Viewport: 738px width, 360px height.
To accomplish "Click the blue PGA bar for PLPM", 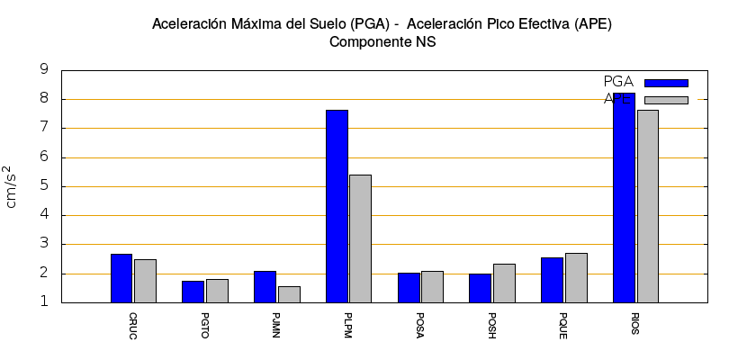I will click(337, 206).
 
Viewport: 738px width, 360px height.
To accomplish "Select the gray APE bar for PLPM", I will click(360, 238).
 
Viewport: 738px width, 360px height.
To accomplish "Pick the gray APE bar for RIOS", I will click(647, 206).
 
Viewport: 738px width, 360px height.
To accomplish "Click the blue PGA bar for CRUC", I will click(121, 278).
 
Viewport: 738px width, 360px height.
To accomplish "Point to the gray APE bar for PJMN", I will click(289, 294).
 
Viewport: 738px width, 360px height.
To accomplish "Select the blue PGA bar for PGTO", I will click(193, 292).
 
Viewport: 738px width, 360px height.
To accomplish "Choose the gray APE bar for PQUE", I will click(576, 278).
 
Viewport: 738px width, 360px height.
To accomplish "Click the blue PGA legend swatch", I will click(666, 83).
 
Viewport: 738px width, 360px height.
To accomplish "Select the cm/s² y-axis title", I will click(11, 186).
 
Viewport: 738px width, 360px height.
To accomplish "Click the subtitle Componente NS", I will click(382, 42).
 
